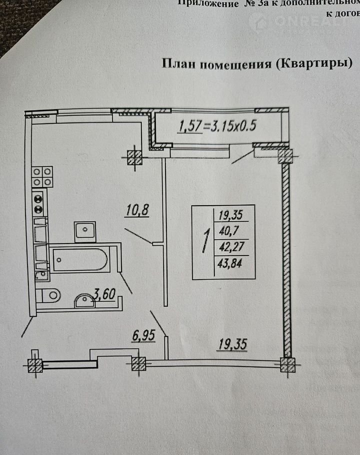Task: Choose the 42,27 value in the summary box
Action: pyautogui.click(x=231, y=247)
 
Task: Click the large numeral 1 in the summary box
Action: pyautogui.click(x=204, y=242)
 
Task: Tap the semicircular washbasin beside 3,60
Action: pyautogui.click(x=85, y=301)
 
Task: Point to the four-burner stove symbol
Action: pyautogui.click(x=42, y=176)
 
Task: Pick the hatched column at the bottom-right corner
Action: pyautogui.click(x=287, y=365)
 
